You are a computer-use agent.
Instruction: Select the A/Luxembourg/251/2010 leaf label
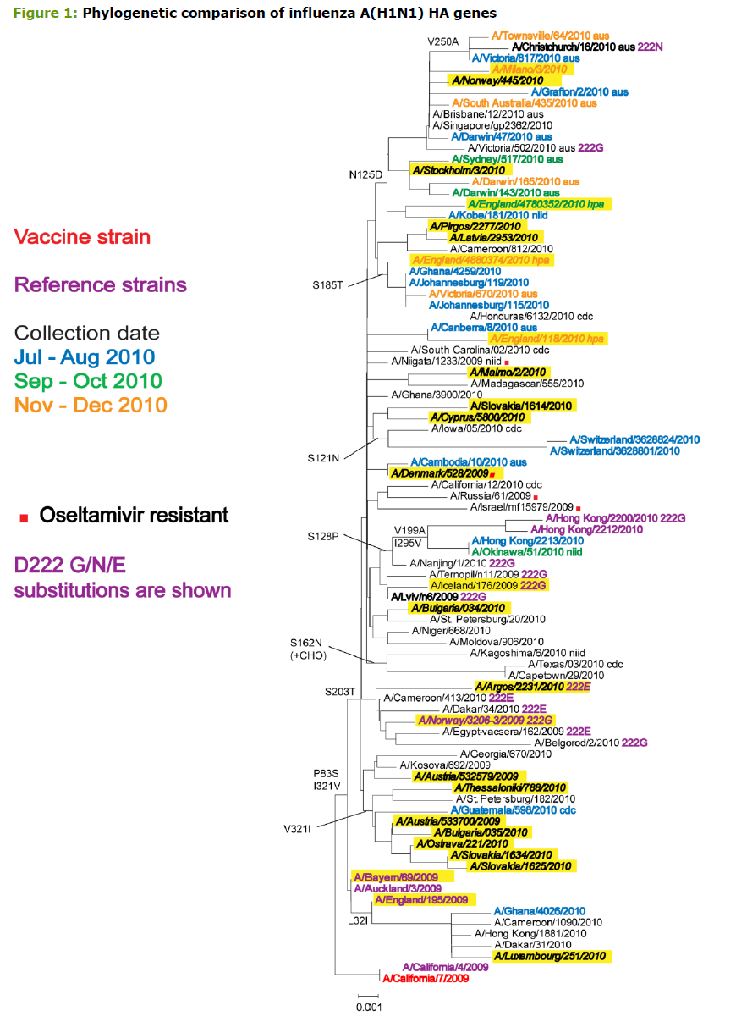point(551,956)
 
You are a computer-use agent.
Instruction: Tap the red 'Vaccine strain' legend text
point(82,237)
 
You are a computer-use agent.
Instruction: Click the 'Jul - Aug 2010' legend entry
point(85,357)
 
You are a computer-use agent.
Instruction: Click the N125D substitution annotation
point(367,174)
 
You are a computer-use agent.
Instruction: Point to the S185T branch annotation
point(329,284)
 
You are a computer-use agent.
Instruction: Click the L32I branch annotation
point(359,920)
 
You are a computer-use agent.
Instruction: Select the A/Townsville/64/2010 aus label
point(542,36)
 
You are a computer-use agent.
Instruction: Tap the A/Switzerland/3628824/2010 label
point(634,439)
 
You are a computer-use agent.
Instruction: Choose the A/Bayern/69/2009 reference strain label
point(390,876)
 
